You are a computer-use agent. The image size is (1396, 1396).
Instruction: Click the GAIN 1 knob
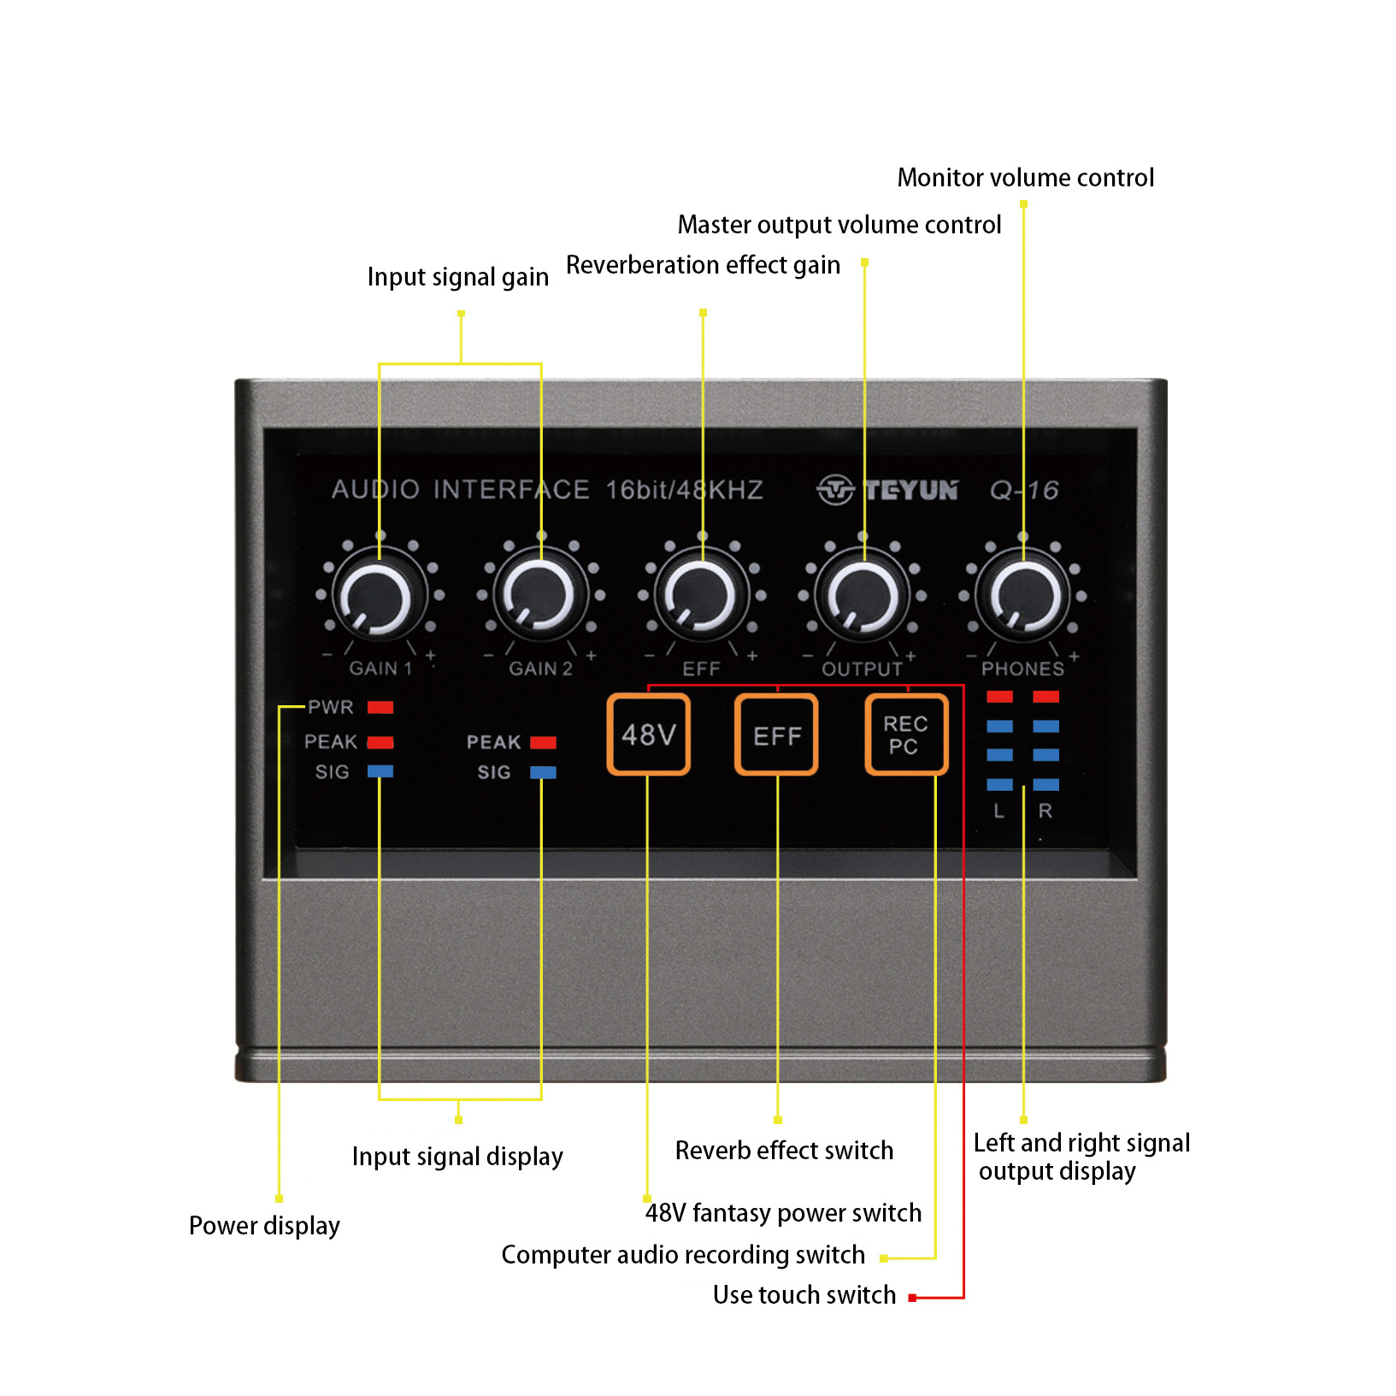tap(380, 597)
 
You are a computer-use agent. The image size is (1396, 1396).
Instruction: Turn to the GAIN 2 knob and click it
tap(540, 597)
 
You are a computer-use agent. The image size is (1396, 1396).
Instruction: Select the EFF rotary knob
tap(701, 597)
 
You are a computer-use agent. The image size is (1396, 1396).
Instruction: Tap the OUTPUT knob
tap(862, 597)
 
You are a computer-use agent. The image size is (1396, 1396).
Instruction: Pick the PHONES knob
tap(1023, 597)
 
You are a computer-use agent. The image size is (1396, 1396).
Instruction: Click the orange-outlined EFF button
tap(776, 735)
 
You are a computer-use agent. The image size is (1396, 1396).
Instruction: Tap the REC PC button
tap(905, 735)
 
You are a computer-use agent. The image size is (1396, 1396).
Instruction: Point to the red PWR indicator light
tap(380, 707)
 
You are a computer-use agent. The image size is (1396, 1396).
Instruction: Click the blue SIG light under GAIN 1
tap(380, 771)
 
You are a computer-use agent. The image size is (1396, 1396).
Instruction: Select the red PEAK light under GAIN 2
tap(543, 742)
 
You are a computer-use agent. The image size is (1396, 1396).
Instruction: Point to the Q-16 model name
tap(1024, 490)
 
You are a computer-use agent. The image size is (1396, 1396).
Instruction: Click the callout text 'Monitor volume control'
tap(1025, 178)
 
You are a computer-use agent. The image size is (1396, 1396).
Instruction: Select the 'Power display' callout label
tap(264, 1226)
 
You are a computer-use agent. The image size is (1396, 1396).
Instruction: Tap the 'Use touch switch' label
tap(804, 1295)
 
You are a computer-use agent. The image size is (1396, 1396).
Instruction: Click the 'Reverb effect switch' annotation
tap(784, 1151)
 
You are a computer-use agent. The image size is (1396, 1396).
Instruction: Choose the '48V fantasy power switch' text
tap(783, 1213)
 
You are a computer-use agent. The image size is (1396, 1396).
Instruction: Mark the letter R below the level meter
tap(1046, 811)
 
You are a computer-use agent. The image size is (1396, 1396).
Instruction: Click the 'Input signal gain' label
tap(457, 277)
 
